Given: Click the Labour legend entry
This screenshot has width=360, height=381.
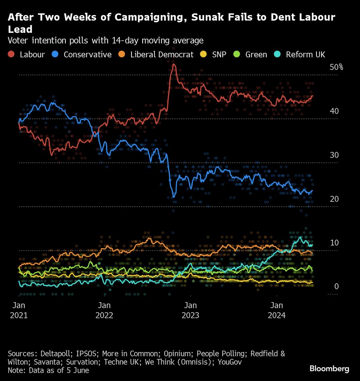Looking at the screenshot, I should [27, 55].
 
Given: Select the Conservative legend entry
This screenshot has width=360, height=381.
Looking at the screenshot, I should [82, 55].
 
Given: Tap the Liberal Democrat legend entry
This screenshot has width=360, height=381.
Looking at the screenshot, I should [157, 55].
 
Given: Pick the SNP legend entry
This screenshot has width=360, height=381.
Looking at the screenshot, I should [213, 55].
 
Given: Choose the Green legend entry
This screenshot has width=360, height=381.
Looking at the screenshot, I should [251, 55].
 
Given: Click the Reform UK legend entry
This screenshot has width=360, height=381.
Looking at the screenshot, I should [300, 55].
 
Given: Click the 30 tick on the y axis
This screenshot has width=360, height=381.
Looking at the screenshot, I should [334, 155].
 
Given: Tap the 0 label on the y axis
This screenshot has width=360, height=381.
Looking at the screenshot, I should [337, 287].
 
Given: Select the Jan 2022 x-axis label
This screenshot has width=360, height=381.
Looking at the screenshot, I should [104, 310].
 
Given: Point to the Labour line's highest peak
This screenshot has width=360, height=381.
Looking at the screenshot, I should [174, 65].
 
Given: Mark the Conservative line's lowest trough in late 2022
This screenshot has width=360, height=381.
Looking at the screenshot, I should [174, 197].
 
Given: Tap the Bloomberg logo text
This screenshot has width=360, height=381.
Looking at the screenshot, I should [329, 368].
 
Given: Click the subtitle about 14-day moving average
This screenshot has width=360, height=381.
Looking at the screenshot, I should [105, 40].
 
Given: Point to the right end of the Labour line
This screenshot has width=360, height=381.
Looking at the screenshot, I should [312, 96].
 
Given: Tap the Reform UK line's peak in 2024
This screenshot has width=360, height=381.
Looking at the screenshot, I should [300, 237].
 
